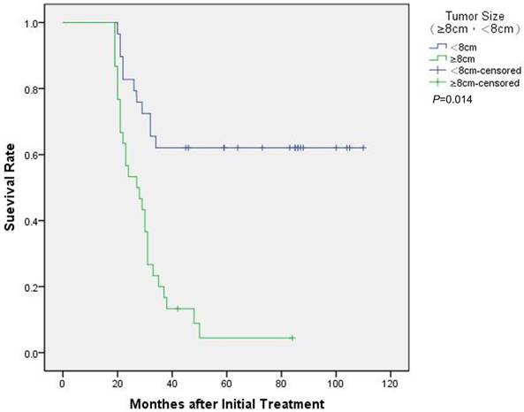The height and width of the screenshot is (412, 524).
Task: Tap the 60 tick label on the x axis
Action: pos(226,385)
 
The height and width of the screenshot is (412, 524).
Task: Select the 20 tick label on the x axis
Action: pos(117,385)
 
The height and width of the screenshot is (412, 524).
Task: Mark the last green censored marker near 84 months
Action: pos(292,338)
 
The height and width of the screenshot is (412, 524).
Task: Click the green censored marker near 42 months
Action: pos(178,309)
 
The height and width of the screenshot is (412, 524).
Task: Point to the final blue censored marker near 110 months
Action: pos(363,148)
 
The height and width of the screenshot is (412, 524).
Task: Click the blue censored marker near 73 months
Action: pos(262,148)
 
